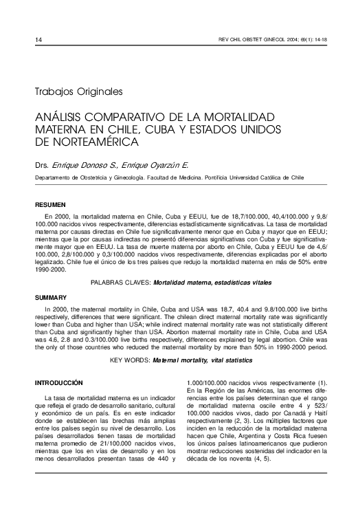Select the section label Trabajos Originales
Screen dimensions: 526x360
point(78,90)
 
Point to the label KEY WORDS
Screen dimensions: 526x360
point(129,360)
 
